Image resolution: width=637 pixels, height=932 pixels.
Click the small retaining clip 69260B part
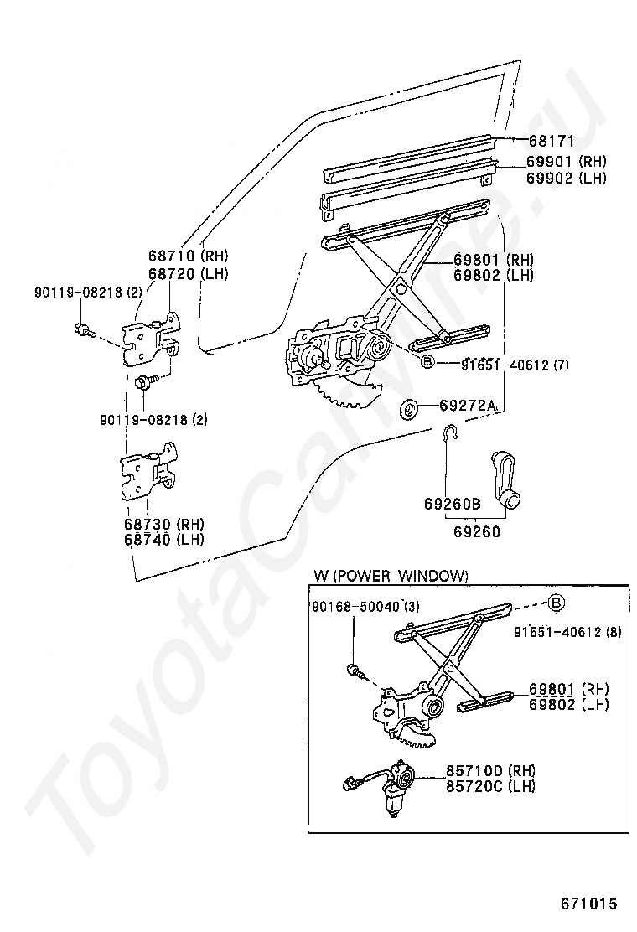click(x=451, y=433)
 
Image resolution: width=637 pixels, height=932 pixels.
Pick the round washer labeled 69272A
click(x=411, y=409)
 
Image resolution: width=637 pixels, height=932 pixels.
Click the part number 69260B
click(x=453, y=505)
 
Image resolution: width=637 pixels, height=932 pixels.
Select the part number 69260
click(x=477, y=531)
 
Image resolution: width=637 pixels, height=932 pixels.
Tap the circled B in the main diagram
click(x=426, y=362)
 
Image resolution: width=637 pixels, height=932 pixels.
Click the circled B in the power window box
click(x=557, y=602)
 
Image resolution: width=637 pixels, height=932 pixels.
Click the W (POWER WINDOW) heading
click(x=391, y=576)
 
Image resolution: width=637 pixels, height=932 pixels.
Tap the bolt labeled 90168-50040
click(x=354, y=671)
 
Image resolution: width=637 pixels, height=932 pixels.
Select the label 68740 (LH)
click(x=163, y=539)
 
